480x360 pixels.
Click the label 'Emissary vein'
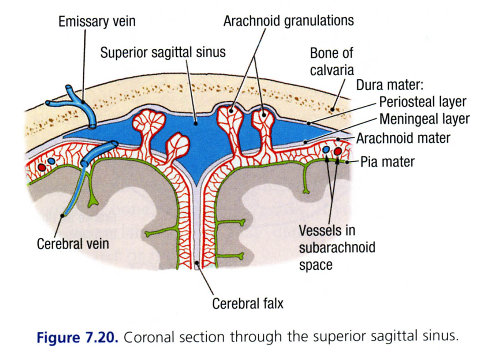97,21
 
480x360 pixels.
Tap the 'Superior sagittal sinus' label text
163,52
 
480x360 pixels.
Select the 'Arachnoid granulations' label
288,21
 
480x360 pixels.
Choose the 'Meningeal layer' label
424,119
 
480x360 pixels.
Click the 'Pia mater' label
388,161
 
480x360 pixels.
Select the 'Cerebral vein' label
73,243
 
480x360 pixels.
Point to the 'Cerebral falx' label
248,303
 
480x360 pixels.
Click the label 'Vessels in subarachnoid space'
337,247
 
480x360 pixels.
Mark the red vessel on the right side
338,151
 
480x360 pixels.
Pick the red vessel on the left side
42,167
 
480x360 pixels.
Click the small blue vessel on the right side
326,149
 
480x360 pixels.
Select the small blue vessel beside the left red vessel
51,161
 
